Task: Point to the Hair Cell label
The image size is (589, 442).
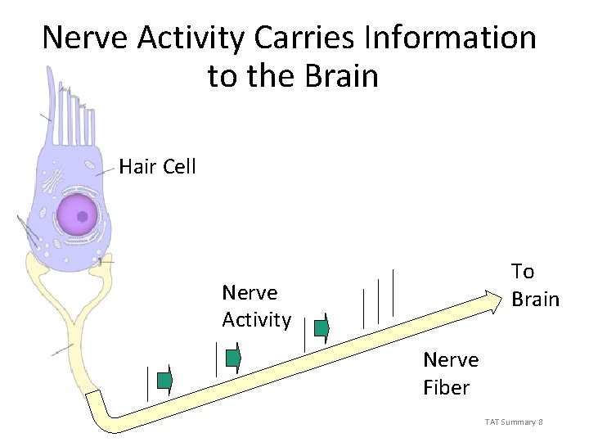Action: pyautogui.click(x=157, y=167)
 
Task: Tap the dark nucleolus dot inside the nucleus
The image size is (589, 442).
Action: pyautogui.click(x=83, y=217)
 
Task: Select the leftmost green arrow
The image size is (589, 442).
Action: pyautogui.click(x=164, y=381)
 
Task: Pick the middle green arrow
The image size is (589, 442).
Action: pyautogui.click(x=233, y=358)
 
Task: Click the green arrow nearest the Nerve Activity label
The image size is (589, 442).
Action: pyautogui.click(x=321, y=329)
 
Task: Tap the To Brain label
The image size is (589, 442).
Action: pyautogui.click(x=535, y=285)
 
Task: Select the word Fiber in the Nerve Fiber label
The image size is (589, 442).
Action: pyautogui.click(x=446, y=387)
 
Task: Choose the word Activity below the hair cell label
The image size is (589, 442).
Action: pyautogui.click(x=256, y=320)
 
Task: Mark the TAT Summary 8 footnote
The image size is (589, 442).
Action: pyautogui.click(x=514, y=422)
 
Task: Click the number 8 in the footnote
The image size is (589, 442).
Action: pyautogui.click(x=541, y=422)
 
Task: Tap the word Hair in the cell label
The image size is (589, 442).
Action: pyautogui.click(x=137, y=167)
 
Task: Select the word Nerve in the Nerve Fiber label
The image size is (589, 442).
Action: pyautogui.click(x=451, y=359)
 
